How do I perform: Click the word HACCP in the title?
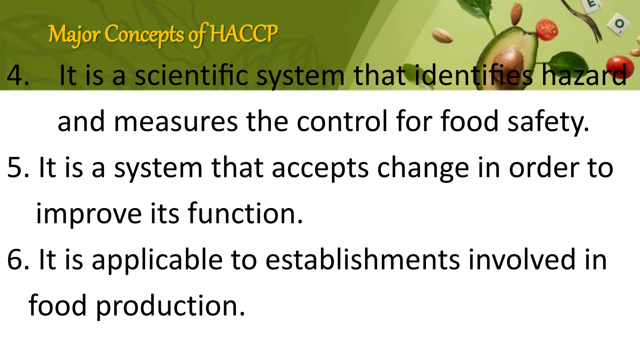pyautogui.click(x=244, y=34)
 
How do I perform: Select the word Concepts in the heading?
pyautogui.click(x=144, y=34)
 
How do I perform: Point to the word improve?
pyautogui.click(x=89, y=214)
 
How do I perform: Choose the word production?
pyautogui.click(x=170, y=306)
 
